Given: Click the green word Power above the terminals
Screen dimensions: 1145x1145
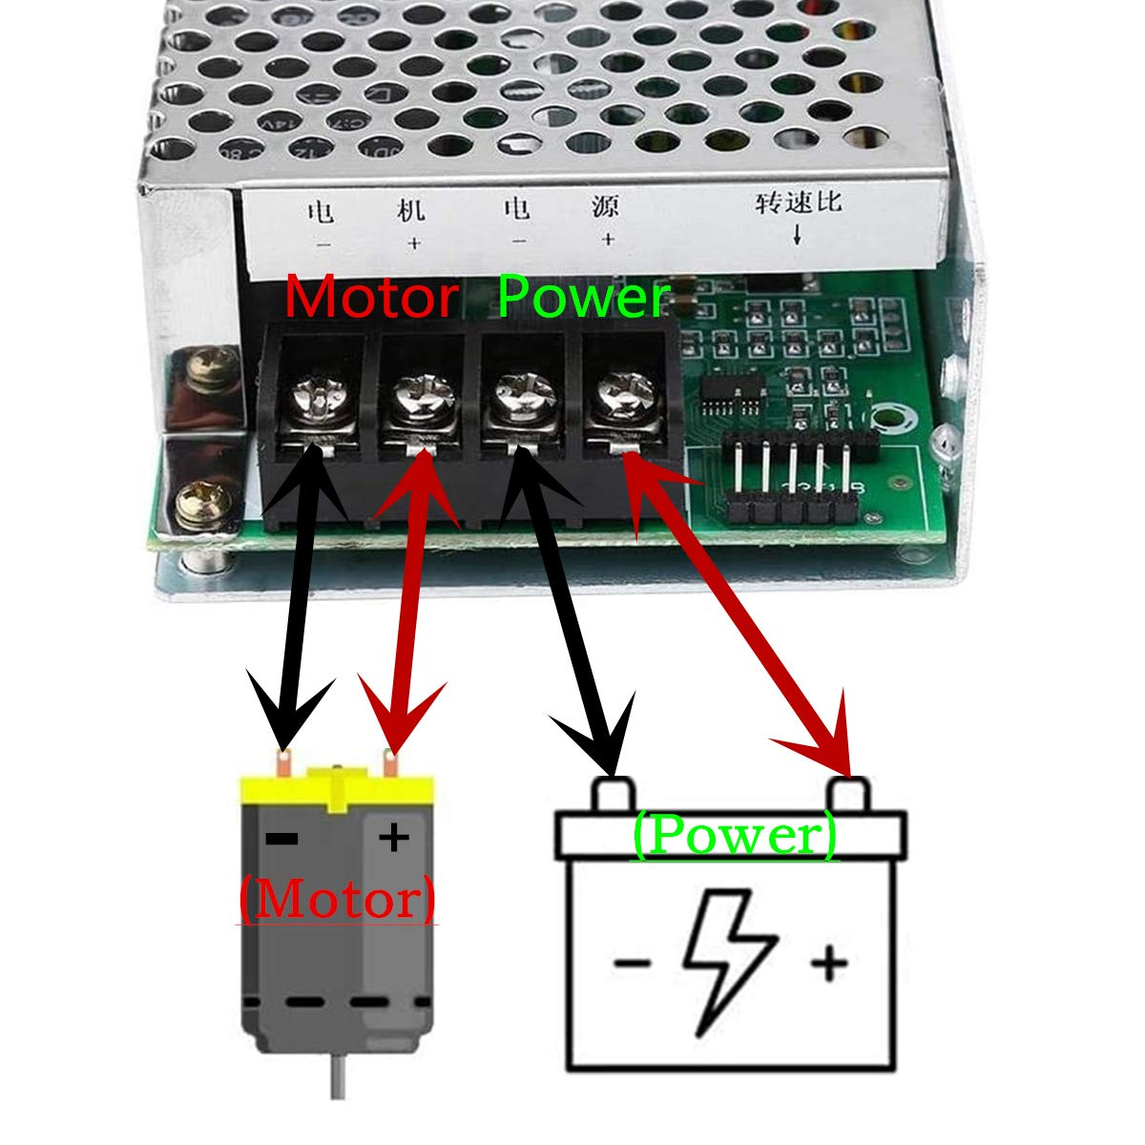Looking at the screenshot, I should (583, 298).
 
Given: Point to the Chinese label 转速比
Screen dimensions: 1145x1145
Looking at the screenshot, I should (800, 203).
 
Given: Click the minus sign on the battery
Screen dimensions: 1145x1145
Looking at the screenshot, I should (632, 962).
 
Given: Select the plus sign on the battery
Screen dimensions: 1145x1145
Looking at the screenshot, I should (829, 962).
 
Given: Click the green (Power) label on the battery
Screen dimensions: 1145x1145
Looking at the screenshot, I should (735, 836).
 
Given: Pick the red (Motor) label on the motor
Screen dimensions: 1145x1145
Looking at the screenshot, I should (338, 900).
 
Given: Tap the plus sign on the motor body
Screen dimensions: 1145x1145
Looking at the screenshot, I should (393, 838).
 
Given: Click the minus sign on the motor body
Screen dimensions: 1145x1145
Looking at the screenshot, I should (281, 839).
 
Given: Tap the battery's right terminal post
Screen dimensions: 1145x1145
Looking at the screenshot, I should (848, 793).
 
